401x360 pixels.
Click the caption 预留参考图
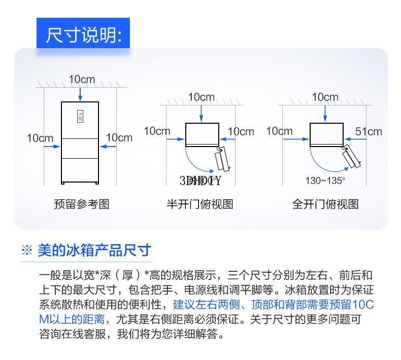[81, 204]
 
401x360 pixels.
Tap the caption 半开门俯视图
[200, 204]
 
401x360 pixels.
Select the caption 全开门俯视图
[325, 204]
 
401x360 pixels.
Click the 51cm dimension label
[369, 131]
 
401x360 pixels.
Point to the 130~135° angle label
[325, 180]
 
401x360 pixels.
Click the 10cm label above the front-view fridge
[82, 79]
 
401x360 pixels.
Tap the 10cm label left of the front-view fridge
[40, 137]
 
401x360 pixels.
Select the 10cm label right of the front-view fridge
[119, 137]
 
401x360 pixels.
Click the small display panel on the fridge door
[80, 116]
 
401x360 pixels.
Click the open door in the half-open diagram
[223, 159]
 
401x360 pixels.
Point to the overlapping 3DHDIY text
[201, 180]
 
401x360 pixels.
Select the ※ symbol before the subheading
[26, 250]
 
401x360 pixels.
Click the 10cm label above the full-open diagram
[325, 97]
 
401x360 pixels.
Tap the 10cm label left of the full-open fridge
[279, 131]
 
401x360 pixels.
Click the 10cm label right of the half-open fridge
[241, 131]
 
